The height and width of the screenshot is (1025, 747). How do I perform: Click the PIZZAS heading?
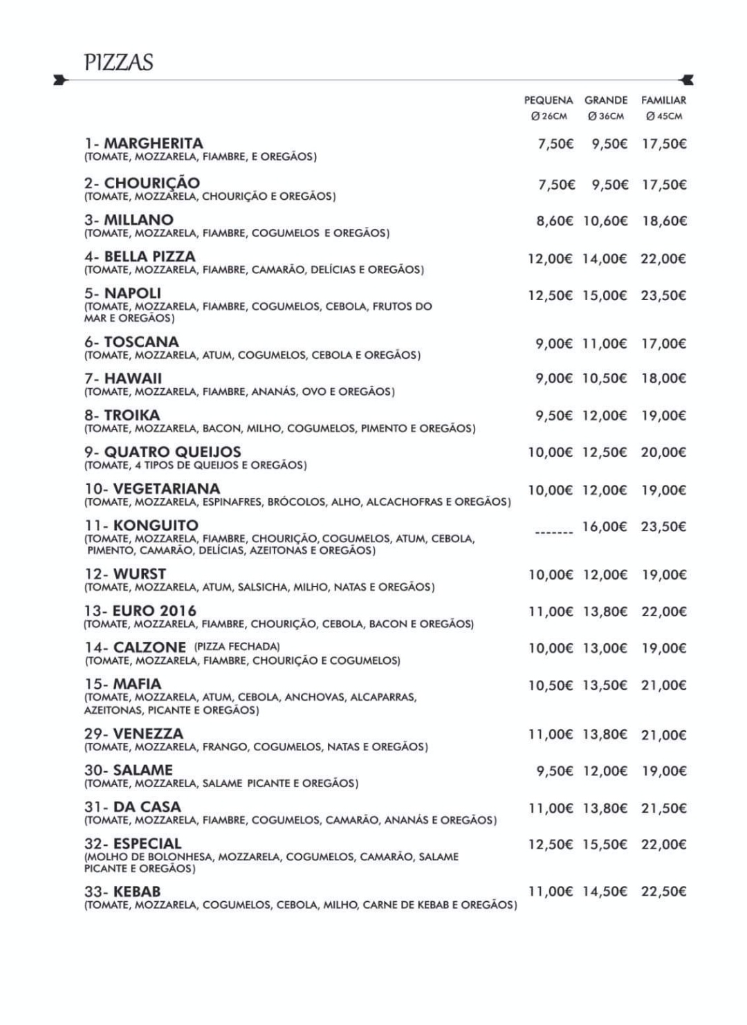(x=118, y=62)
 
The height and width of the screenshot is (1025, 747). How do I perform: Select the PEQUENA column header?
(x=548, y=100)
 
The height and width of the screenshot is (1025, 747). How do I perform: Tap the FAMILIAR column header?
(x=663, y=100)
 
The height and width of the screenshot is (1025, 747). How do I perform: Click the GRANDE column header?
(x=606, y=100)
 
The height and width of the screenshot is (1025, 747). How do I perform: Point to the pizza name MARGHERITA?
(x=153, y=144)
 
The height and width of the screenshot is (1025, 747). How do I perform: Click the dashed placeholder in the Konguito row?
(x=554, y=533)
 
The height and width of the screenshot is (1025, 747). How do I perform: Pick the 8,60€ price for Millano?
(x=555, y=221)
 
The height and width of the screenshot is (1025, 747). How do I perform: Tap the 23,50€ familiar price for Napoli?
(x=663, y=295)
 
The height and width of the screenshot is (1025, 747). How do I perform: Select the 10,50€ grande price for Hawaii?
(x=605, y=378)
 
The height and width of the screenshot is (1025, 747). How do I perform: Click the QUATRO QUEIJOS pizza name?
(x=172, y=452)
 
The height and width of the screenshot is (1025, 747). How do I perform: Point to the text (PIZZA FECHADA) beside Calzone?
(x=237, y=647)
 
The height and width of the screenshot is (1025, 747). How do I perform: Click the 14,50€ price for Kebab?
(x=605, y=892)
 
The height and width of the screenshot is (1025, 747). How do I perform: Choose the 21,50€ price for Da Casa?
(x=663, y=808)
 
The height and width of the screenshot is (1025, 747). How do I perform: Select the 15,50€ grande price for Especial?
(x=605, y=844)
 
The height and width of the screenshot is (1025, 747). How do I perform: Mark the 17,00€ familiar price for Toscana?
(x=663, y=344)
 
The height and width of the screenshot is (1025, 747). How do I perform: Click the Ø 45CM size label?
(x=664, y=116)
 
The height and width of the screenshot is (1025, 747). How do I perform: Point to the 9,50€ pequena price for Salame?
(x=555, y=770)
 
